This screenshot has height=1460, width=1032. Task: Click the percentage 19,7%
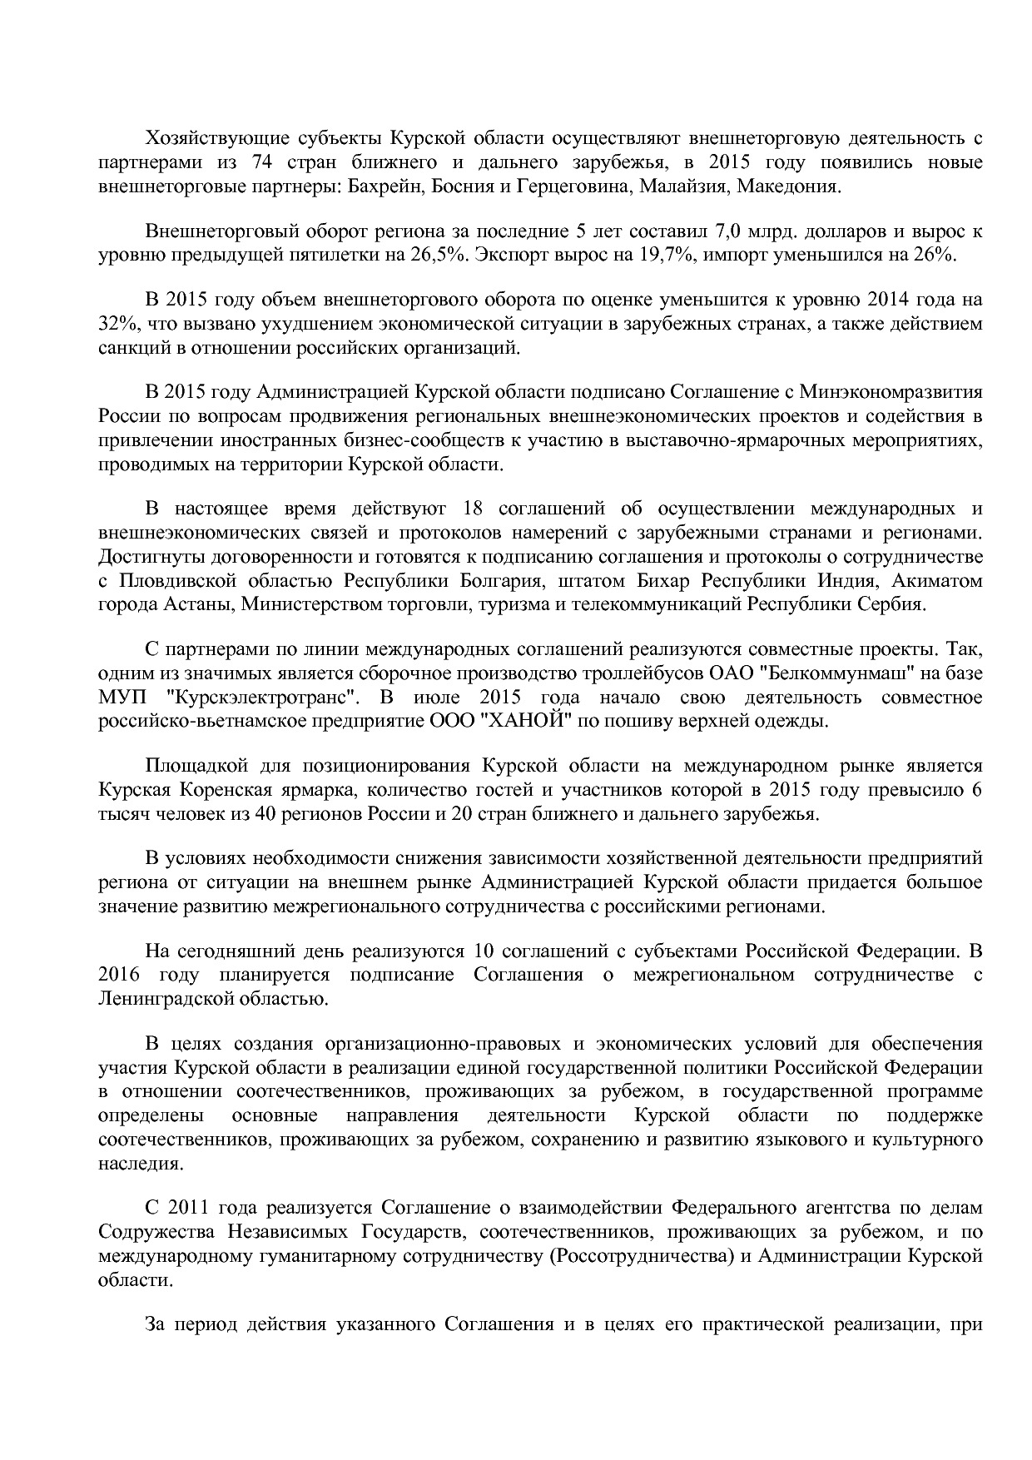[x=668, y=255]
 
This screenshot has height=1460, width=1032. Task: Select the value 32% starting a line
[x=115, y=324]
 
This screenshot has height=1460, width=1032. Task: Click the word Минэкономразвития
[x=891, y=393]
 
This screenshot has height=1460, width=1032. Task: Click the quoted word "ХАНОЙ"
[x=515, y=721]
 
